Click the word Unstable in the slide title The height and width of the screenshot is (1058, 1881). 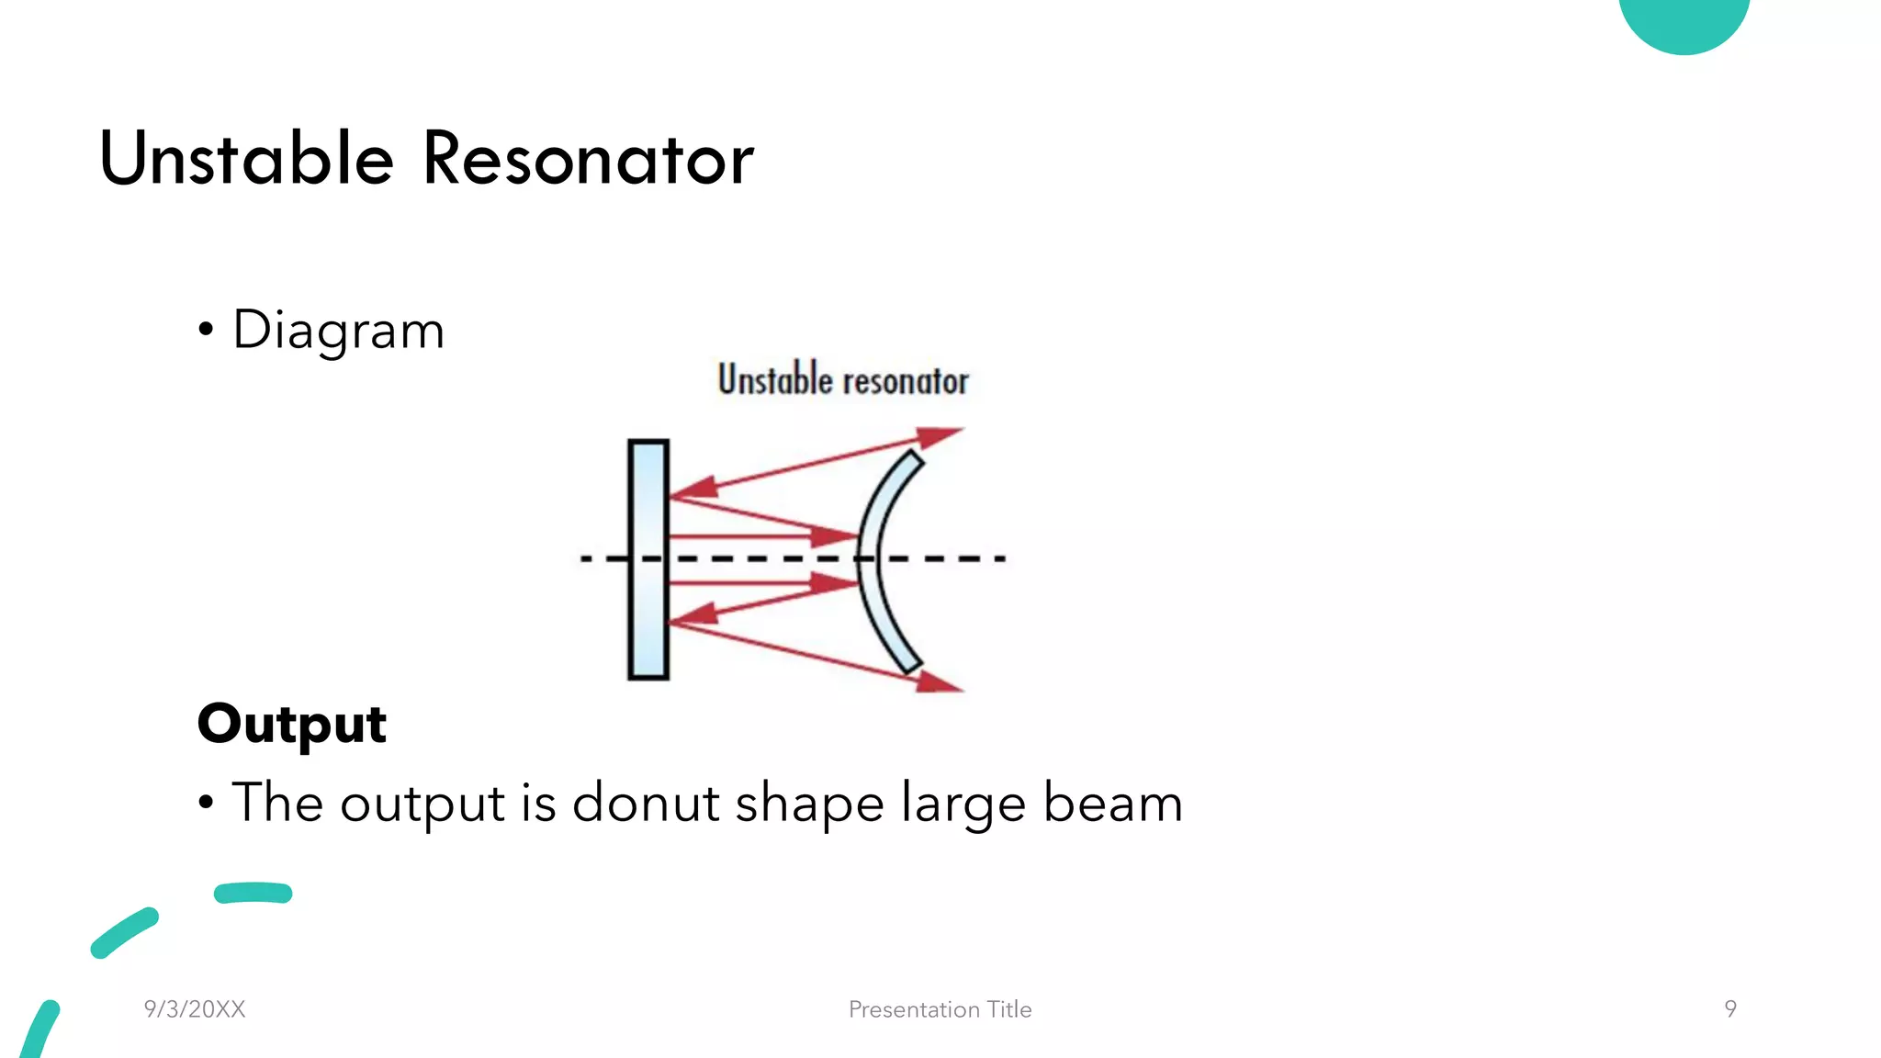point(246,159)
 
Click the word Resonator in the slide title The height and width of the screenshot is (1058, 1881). point(588,159)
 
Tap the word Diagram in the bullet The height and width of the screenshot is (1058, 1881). point(338,331)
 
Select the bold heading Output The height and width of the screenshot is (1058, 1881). point(292,724)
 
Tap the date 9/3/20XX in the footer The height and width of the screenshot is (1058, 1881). point(195,1009)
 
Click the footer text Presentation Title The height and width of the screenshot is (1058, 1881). point(940,1009)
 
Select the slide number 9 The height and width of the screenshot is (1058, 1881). point(1730,1009)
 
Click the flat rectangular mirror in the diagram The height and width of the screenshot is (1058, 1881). point(648,560)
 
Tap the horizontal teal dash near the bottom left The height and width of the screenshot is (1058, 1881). point(253,893)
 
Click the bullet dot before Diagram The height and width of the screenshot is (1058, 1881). point(206,330)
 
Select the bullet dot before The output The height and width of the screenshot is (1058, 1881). point(206,803)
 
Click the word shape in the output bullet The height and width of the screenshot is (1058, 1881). point(809,805)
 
